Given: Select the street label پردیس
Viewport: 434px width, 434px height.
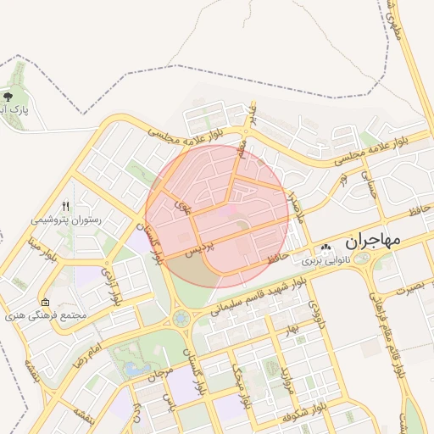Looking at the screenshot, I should tap(198, 248).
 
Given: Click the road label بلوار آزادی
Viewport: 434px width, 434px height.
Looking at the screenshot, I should tap(111, 287).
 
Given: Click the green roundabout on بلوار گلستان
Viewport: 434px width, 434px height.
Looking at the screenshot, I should tap(181, 319).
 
